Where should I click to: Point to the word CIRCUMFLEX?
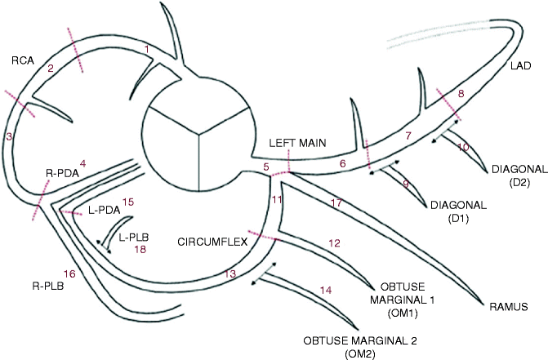click(211, 242)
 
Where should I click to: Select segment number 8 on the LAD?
click(461, 95)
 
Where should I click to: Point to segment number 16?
click(69, 273)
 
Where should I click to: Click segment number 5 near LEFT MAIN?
click(265, 167)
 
